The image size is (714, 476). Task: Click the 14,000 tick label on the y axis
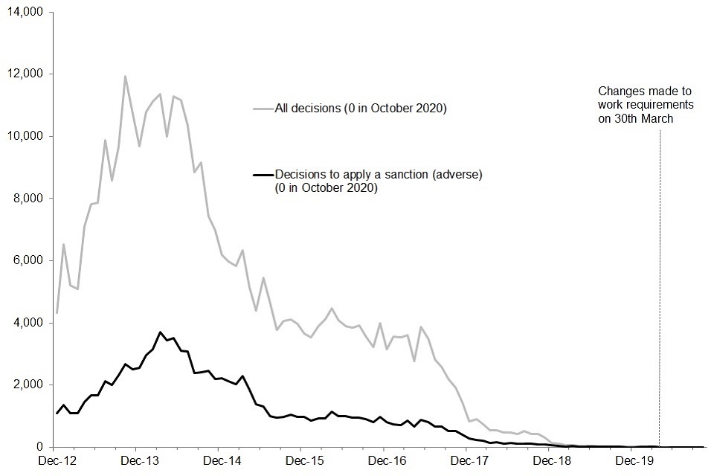(x=28, y=13)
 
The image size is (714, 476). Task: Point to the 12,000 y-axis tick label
(x=28, y=74)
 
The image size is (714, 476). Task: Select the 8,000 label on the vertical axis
(x=30, y=199)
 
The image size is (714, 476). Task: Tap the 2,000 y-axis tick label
(x=30, y=385)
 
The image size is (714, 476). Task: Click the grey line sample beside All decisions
(x=263, y=109)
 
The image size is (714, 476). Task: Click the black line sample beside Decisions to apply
(x=263, y=175)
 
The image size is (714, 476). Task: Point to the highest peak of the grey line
(x=125, y=76)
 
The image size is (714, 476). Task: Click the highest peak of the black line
(x=160, y=332)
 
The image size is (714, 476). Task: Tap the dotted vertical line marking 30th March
(x=659, y=297)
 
